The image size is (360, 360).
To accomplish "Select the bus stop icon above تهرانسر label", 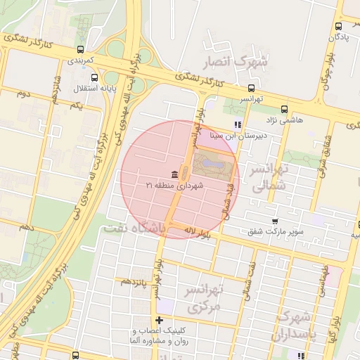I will (x=252, y=89).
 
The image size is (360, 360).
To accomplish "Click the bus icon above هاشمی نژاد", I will (x=284, y=109).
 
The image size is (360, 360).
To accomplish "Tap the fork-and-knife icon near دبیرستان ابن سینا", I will (x=237, y=125).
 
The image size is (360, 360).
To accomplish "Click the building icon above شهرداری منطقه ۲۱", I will (x=173, y=174).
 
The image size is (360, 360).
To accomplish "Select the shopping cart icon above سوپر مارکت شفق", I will (x=275, y=220).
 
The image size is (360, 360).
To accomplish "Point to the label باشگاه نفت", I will (x=134, y=229).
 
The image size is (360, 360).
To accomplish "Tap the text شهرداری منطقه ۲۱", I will (x=174, y=185).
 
